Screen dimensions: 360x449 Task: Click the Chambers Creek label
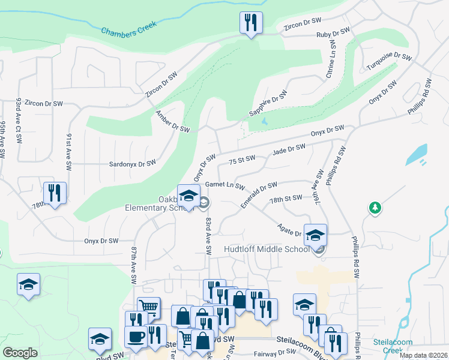point(128,28)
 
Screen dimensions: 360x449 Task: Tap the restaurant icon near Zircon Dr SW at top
point(251,23)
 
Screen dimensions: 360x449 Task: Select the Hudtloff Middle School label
point(266,249)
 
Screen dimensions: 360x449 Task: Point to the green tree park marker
point(375,208)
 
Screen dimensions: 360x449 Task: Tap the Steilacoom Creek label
point(393,346)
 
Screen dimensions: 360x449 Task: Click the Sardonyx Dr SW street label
point(132,163)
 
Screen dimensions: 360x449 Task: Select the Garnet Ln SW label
point(226,185)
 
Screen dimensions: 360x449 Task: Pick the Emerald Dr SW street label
point(259,195)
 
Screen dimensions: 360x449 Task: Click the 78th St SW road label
point(286,199)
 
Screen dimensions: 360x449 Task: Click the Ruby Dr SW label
point(333,34)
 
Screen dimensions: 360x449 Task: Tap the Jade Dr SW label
point(289,151)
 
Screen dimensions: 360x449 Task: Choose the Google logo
point(20,353)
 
